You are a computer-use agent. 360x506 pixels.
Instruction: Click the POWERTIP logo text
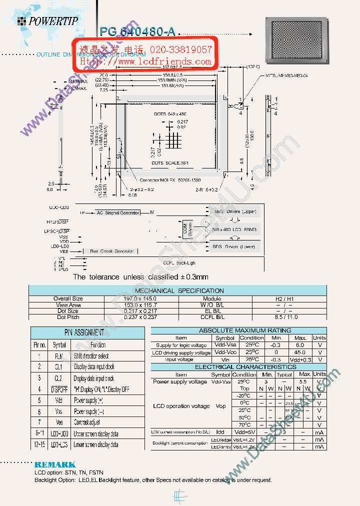click(53, 21)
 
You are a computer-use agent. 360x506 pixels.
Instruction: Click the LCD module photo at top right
click(298, 42)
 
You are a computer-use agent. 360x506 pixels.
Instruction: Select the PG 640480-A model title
click(137, 32)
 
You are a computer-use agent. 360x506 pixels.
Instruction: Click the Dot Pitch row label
click(68, 317)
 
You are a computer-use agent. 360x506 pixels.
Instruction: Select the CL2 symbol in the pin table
click(59, 378)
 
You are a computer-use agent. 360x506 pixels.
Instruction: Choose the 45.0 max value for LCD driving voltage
click(300, 352)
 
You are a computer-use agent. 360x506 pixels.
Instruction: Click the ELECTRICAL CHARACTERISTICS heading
click(238, 367)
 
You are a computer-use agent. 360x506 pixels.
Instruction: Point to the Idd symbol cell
click(220, 431)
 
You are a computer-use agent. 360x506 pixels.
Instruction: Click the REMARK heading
click(55, 464)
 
